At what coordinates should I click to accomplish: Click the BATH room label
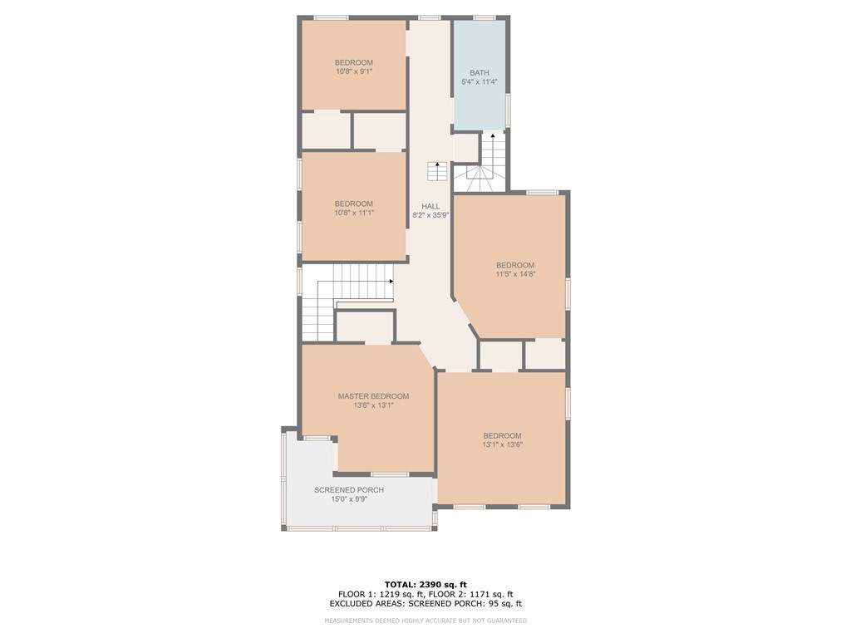(x=480, y=73)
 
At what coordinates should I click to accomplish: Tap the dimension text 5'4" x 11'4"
(x=480, y=82)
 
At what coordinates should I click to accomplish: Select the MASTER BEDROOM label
(x=373, y=396)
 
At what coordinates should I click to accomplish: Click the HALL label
(x=430, y=206)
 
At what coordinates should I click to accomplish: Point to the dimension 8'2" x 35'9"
(x=430, y=215)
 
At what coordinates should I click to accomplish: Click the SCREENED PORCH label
(x=349, y=490)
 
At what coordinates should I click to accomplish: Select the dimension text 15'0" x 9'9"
(x=349, y=499)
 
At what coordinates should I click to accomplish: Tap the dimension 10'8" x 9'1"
(x=354, y=72)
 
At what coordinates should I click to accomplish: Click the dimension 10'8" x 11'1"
(x=354, y=213)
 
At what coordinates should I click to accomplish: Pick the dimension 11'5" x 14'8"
(x=515, y=274)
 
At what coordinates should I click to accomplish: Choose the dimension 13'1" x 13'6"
(x=503, y=444)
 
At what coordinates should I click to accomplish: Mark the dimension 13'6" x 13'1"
(x=373, y=405)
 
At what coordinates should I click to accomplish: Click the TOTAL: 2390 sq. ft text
(x=425, y=584)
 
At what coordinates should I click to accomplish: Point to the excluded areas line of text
(x=425, y=604)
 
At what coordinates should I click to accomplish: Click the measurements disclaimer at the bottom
(x=425, y=621)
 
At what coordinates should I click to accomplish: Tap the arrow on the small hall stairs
(x=437, y=164)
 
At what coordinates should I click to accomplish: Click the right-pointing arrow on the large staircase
(x=391, y=281)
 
